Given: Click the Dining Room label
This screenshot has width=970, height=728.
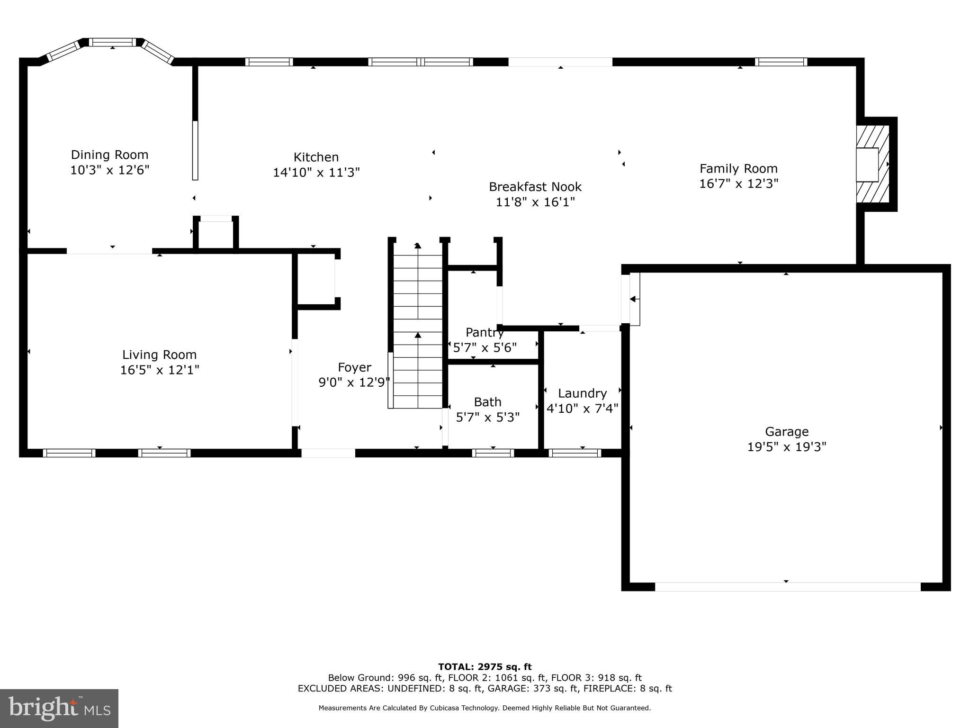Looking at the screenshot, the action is click(109, 155).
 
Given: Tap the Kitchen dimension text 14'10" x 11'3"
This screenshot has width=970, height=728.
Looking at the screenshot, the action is click(316, 173).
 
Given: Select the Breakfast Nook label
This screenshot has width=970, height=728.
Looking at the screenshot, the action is click(535, 187).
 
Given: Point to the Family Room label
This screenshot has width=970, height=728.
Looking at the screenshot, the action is click(738, 169).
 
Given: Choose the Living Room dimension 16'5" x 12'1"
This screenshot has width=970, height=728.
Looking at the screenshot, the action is click(160, 370).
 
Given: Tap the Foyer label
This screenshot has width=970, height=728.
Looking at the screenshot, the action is click(354, 367).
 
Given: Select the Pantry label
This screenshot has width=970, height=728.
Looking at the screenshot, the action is click(485, 332).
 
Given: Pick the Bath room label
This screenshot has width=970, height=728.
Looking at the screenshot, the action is click(488, 402).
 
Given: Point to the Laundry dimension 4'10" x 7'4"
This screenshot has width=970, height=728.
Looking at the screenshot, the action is click(583, 409).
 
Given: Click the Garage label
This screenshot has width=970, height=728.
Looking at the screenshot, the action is click(787, 432).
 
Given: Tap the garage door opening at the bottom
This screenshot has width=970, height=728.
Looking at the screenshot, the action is click(788, 587).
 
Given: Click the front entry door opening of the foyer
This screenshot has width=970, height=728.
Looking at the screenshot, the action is click(328, 453).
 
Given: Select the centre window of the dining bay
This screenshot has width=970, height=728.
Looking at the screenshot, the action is click(113, 42).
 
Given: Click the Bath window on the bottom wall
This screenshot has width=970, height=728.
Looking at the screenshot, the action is click(493, 453).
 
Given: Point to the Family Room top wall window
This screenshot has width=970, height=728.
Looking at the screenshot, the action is click(781, 62).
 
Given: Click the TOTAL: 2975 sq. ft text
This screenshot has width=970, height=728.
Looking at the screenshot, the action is click(485, 667).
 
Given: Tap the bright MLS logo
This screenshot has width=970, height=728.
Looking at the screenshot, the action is click(59, 709).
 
